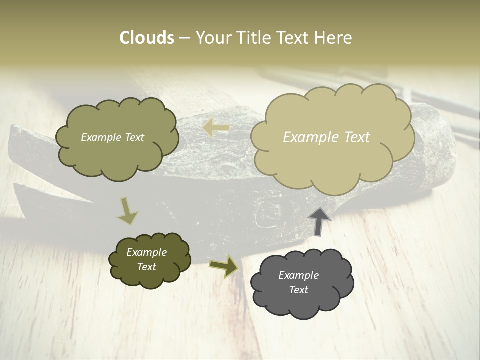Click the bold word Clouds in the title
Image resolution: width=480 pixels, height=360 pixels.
pos(146,38)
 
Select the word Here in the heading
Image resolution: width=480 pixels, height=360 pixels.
pos(333,38)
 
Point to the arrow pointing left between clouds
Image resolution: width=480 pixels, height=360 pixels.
pos(216,128)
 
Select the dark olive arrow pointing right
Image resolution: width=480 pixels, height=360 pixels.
pos(224,266)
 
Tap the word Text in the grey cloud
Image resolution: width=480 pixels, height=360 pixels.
pos(298,290)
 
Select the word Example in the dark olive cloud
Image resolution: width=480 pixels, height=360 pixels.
pos(146,252)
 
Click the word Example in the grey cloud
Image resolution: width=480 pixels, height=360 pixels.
pos(298,275)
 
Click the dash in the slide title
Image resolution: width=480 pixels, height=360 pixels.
pos(184,38)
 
